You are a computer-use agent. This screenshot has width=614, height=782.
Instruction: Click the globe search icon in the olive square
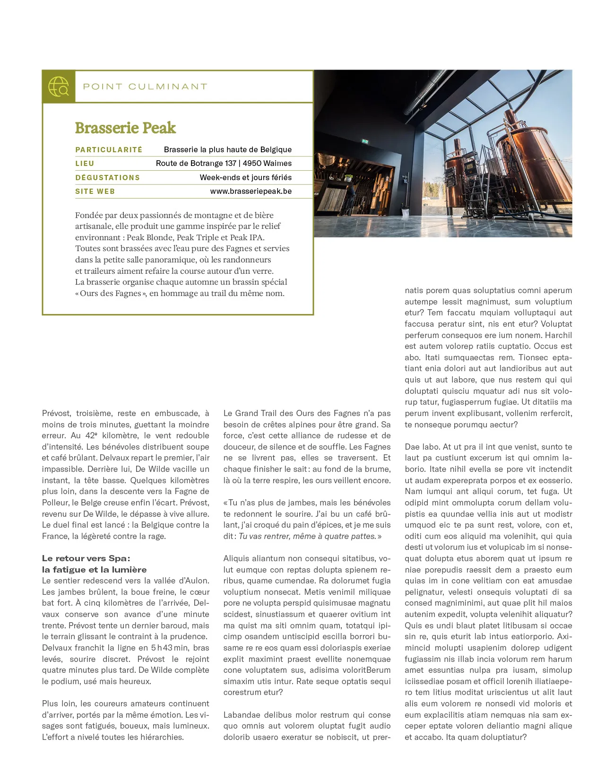(x=59, y=87)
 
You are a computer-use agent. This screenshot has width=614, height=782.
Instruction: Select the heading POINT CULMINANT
(x=145, y=87)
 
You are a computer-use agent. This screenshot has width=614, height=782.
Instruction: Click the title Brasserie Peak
(x=125, y=128)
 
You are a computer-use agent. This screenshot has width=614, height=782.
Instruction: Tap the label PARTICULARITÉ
(x=109, y=150)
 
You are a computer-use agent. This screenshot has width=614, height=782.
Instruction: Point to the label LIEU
(x=85, y=164)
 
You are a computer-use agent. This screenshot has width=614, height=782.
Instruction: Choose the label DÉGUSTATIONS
(x=107, y=178)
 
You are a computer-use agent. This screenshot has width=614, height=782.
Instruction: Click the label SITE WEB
(x=95, y=191)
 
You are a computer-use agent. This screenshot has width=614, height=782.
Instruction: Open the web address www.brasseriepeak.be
(x=251, y=191)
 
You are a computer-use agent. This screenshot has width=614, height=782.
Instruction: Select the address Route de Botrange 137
(x=196, y=164)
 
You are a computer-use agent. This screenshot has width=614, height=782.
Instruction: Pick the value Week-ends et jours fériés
(x=245, y=178)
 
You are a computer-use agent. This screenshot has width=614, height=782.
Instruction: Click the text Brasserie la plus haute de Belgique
(x=227, y=150)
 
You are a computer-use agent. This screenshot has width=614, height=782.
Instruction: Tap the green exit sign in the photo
(x=365, y=141)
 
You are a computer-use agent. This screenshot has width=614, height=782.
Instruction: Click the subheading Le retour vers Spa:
(x=86, y=558)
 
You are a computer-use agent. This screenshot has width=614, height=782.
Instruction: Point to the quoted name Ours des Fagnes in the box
(x=111, y=294)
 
